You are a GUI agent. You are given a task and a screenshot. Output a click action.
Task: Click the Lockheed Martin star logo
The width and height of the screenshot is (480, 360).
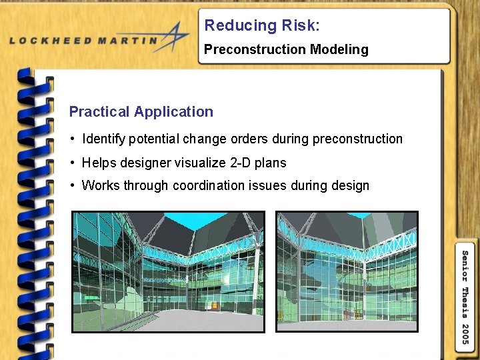pos(175,36)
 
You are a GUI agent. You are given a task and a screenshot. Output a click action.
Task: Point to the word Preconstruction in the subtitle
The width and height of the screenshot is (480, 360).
pos(246,49)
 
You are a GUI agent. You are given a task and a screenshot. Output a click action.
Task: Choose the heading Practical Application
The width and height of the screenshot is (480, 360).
pos(141,112)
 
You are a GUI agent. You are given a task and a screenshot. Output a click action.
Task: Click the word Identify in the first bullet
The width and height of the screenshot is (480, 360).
pos(103,139)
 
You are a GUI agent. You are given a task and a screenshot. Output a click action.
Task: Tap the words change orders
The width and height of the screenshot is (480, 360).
pos(236,139)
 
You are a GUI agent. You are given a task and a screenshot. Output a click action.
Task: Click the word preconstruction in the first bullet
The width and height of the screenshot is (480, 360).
pos(357,139)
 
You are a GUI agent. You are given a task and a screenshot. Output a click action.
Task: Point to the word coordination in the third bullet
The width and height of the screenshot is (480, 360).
pos(211,185)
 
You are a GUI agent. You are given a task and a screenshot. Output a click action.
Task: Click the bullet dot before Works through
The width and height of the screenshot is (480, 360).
pos(72,186)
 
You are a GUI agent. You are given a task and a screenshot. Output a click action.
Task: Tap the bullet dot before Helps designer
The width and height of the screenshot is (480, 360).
pos(72,163)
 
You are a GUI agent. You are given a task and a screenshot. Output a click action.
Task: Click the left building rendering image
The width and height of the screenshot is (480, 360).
pos(168,271)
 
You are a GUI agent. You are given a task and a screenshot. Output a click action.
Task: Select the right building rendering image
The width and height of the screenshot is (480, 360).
pos(347,271)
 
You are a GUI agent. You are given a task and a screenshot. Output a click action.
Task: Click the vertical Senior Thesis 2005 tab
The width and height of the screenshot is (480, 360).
pos(465,297)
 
